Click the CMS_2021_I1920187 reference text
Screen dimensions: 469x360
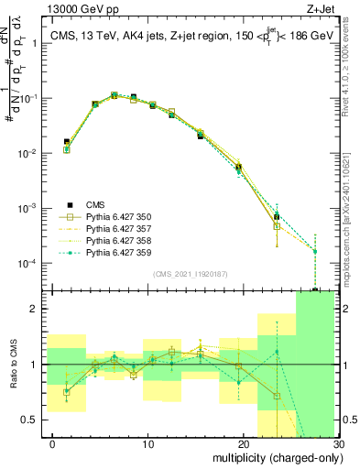point(190,274)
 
